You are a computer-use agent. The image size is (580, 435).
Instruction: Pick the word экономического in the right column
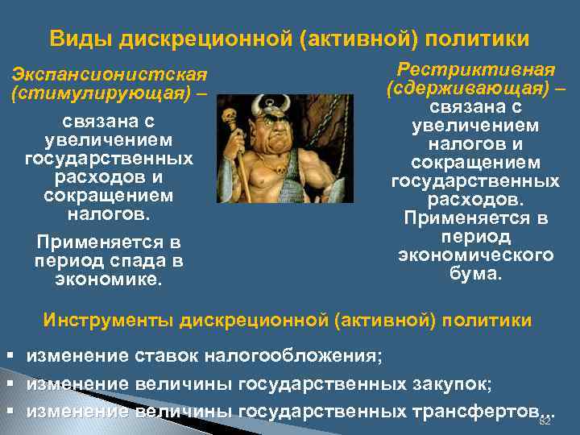tap(475, 255)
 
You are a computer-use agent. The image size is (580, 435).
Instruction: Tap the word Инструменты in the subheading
tap(110, 320)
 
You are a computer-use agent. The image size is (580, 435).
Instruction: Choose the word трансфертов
tap(472, 411)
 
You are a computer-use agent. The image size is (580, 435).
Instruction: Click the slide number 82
tap(544, 421)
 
